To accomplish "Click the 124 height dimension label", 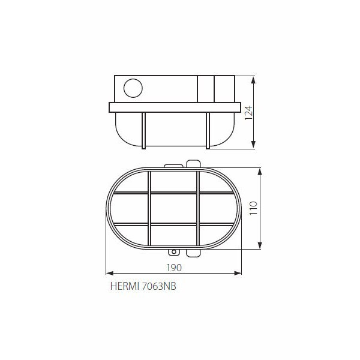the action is (x=248, y=113).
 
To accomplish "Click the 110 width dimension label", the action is (x=254, y=208).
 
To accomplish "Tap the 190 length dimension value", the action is (x=174, y=268).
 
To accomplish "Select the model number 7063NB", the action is (x=159, y=286).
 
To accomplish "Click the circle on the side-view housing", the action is (x=133, y=88).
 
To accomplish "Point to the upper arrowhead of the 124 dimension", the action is (x=253, y=80).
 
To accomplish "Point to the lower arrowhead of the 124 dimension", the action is (x=253, y=145).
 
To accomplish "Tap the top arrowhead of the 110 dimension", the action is (x=260, y=172).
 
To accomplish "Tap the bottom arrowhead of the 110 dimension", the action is (x=260, y=245).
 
